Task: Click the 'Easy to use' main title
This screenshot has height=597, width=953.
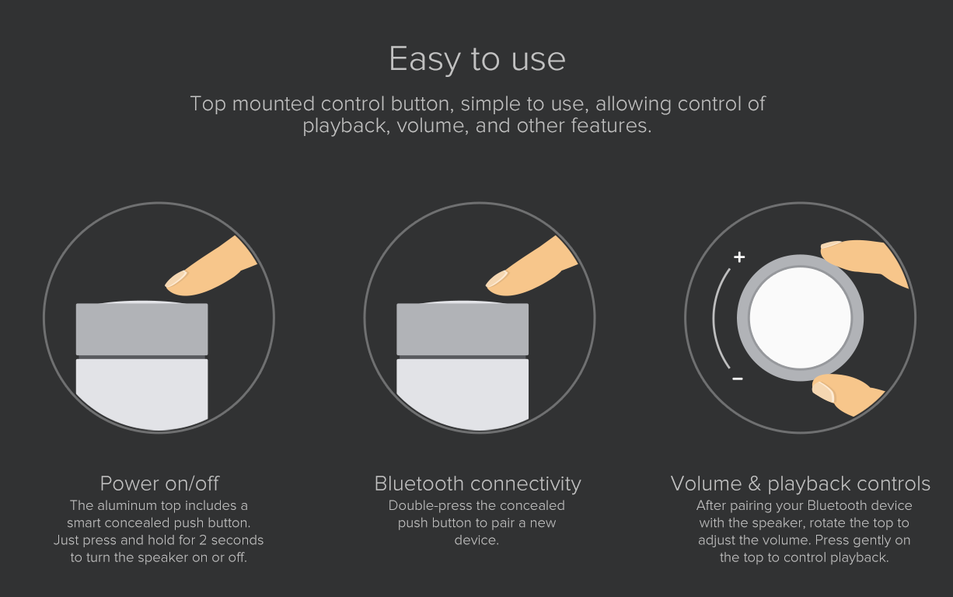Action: (x=477, y=60)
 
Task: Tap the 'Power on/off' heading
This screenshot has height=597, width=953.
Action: (x=159, y=484)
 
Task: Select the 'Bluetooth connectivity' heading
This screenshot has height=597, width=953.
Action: (x=477, y=484)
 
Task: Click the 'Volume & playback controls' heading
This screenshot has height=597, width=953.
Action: (x=801, y=484)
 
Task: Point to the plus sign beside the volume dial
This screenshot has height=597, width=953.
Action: (x=739, y=257)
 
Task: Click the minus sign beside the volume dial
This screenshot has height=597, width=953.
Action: (x=738, y=379)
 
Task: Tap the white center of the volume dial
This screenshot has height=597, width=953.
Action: (x=801, y=318)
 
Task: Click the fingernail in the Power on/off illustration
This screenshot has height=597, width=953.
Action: (x=176, y=279)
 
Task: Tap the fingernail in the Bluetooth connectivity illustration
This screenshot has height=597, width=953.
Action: (x=497, y=279)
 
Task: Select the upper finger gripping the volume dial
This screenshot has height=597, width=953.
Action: (x=864, y=260)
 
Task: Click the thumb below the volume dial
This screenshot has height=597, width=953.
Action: (x=847, y=393)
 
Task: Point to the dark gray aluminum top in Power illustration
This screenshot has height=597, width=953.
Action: (x=142, y=328)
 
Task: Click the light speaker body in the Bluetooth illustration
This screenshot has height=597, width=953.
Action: (x=463, y=393)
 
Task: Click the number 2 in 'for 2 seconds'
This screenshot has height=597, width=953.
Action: (x=203, y=540)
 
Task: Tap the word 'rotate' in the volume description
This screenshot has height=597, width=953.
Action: (x=828, y=523)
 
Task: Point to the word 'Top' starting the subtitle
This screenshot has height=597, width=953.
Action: (x=208, y=104)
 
